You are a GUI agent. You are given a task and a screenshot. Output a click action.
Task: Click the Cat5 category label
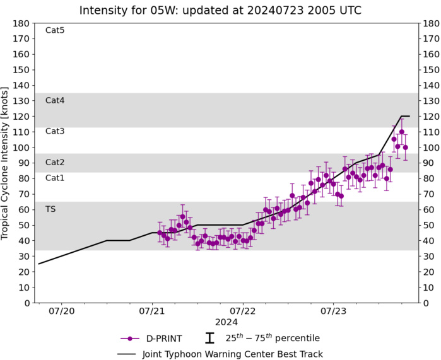click(55, 30)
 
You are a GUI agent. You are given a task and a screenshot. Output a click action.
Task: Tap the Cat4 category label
click(55, 100)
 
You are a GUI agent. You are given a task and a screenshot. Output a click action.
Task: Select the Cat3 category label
click(55, 131)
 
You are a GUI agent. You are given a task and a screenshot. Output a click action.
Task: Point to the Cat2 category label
click(55, 162)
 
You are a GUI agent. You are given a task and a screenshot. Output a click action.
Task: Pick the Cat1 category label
click(55, 178)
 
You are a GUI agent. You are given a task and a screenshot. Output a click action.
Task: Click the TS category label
click(50, 209)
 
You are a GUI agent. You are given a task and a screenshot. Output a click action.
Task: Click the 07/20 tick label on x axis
click(66, 311)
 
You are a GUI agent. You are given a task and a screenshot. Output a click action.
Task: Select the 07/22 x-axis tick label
click(243, 311)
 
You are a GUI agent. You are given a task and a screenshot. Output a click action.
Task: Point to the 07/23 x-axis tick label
click(333, 311)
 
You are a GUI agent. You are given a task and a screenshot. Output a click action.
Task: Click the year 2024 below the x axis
click(226, 322)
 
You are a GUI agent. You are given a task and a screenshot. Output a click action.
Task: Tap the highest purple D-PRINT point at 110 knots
click(401, 132)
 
